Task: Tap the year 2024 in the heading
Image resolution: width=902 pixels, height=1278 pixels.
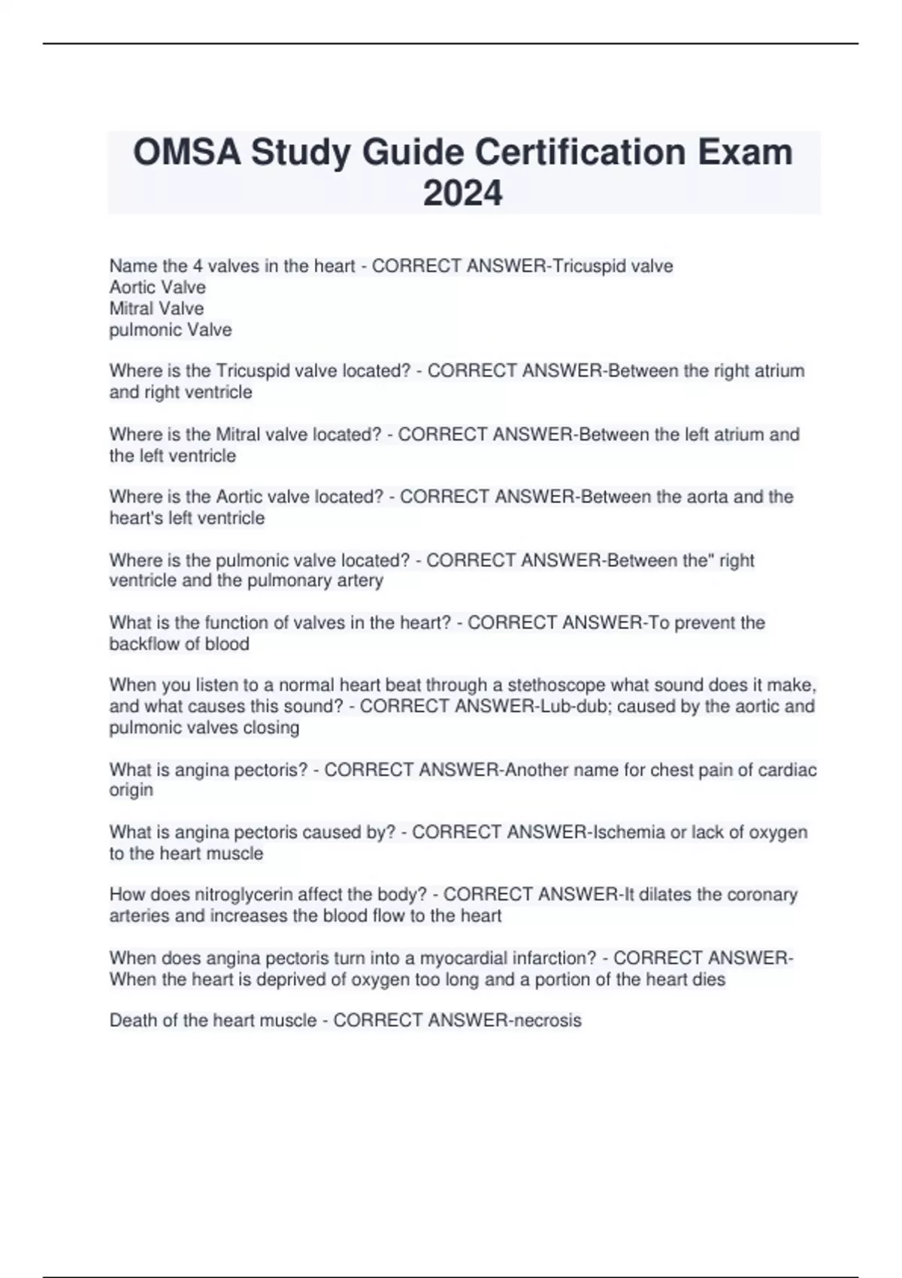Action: coord(462,193)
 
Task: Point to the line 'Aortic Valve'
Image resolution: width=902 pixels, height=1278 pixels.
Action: coord(157,287)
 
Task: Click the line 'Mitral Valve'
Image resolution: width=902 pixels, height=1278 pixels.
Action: coord(156,308)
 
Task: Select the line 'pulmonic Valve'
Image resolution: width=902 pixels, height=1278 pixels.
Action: coord(171,330)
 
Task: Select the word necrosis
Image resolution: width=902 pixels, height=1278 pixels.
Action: coord(547,1020)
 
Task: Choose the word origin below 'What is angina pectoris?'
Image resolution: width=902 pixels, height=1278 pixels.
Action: coord(131,790)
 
